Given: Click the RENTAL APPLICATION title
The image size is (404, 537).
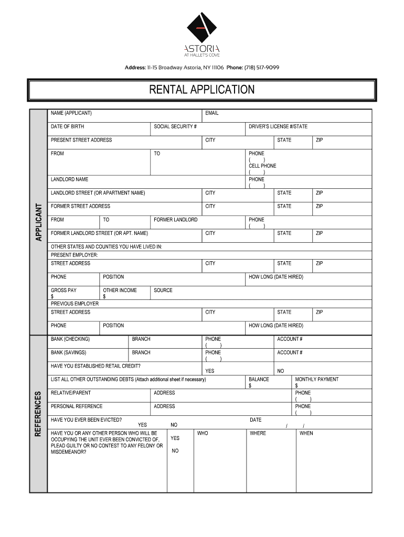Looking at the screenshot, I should tap(202, 90).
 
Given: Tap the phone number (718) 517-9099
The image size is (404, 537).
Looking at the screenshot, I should tap(261, 68).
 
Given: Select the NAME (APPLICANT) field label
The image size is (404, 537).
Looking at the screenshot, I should tap(71, 113).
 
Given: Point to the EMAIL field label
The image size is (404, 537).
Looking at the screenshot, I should tap(212, 113).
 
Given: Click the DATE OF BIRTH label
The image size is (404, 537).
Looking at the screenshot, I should tap(67, 127).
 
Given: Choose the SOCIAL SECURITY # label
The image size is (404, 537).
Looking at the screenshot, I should tap(175, 127).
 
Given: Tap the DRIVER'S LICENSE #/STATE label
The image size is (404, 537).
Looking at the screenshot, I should tap(278, 127).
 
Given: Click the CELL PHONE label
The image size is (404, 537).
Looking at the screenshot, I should tap(262, 166).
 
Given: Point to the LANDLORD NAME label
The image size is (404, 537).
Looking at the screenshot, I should tap(70, 179).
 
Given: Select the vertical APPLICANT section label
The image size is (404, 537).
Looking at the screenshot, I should tap(39, 222).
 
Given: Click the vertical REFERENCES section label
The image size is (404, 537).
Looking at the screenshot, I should tap(39, 414).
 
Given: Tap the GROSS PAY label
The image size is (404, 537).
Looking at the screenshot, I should tap(63, 291).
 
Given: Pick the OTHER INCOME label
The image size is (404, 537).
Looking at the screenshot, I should tap(120, 291).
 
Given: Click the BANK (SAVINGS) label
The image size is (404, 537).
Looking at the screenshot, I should tap(69, 353).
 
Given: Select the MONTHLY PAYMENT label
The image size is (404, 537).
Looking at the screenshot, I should tap(317, 380).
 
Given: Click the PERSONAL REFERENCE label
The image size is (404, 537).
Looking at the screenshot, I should tap(77, 406).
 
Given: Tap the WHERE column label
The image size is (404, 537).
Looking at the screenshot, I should tap(258, 434).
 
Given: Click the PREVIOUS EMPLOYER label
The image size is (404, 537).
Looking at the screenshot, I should tap(75, 304).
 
